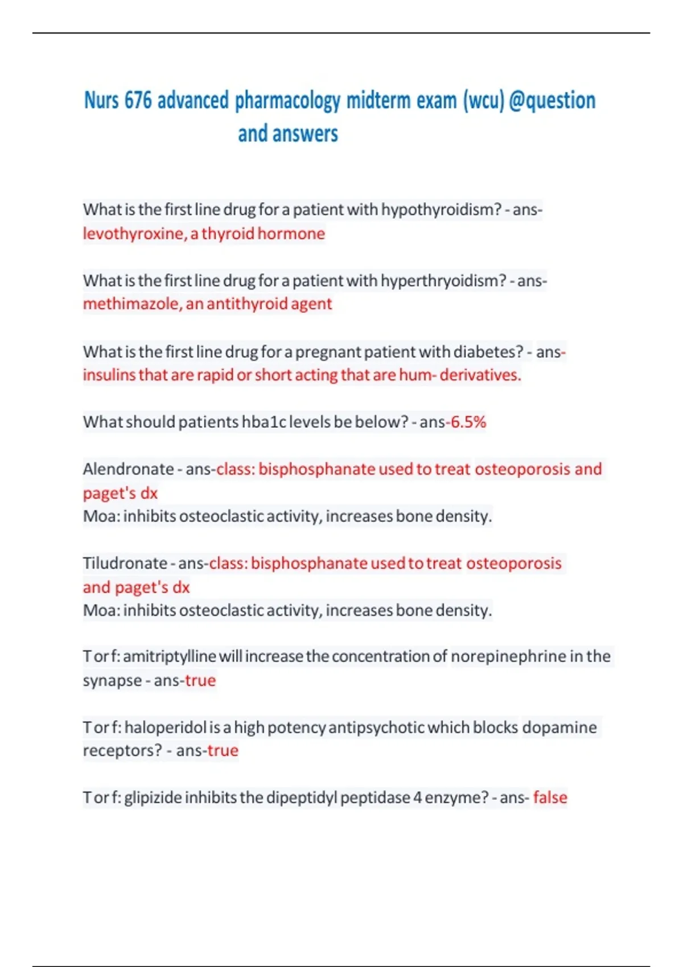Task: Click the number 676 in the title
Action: pos(138,101)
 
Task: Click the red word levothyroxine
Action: pos(134,233)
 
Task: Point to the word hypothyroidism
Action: pos(441,210)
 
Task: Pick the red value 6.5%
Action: pos(468,422)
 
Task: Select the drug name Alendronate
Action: pos(128,469)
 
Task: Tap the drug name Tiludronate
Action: pos(125,563)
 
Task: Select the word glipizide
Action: pos(153,797)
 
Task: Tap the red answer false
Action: pos(550,797)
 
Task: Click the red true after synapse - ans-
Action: pos(200,680)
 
